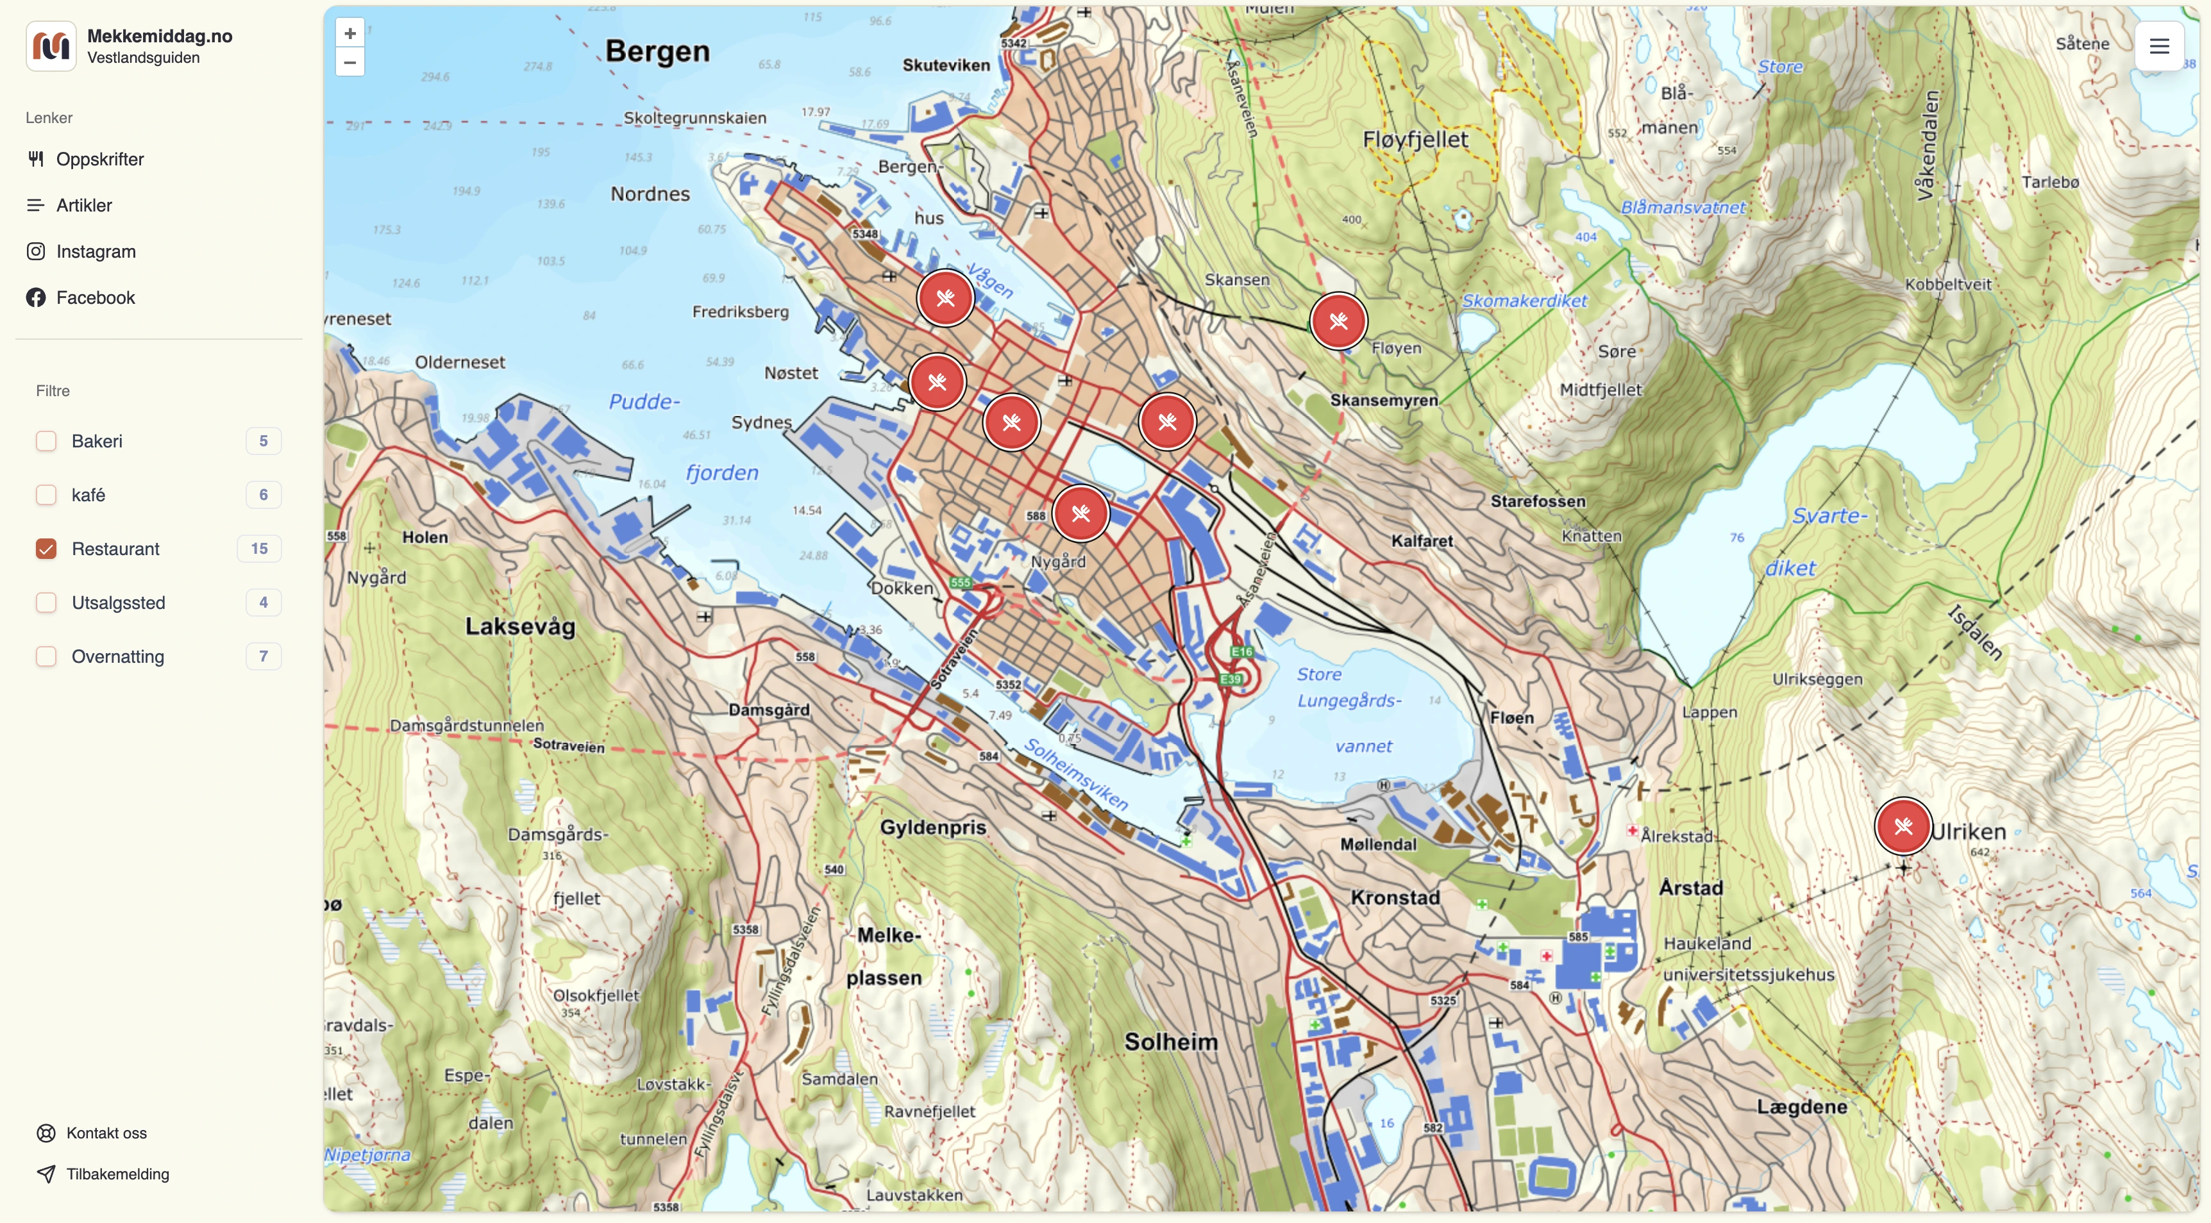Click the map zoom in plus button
click(349, 33)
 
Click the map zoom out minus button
click(349, 62)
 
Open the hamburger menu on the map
click(2158, 46)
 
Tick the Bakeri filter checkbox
click(46, 441)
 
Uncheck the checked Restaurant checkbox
click(46, 549)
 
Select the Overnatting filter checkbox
click(46, 656)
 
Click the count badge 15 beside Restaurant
click(259, 549)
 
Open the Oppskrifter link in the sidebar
click(99, 160)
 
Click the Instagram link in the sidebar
click(96, 251)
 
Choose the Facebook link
click(96, 298)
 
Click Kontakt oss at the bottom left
click(106, 1133)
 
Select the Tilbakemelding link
click(117, 1174)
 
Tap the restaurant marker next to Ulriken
click(1903, 826)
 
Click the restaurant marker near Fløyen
click(1338, 322)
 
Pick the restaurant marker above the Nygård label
click(1080, 513)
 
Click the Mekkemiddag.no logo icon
click(51, 46)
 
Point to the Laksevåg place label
click(520, 626)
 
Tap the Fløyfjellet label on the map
click(1415, 140)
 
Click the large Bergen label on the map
click(657, 51)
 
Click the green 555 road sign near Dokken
click(959, 583)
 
